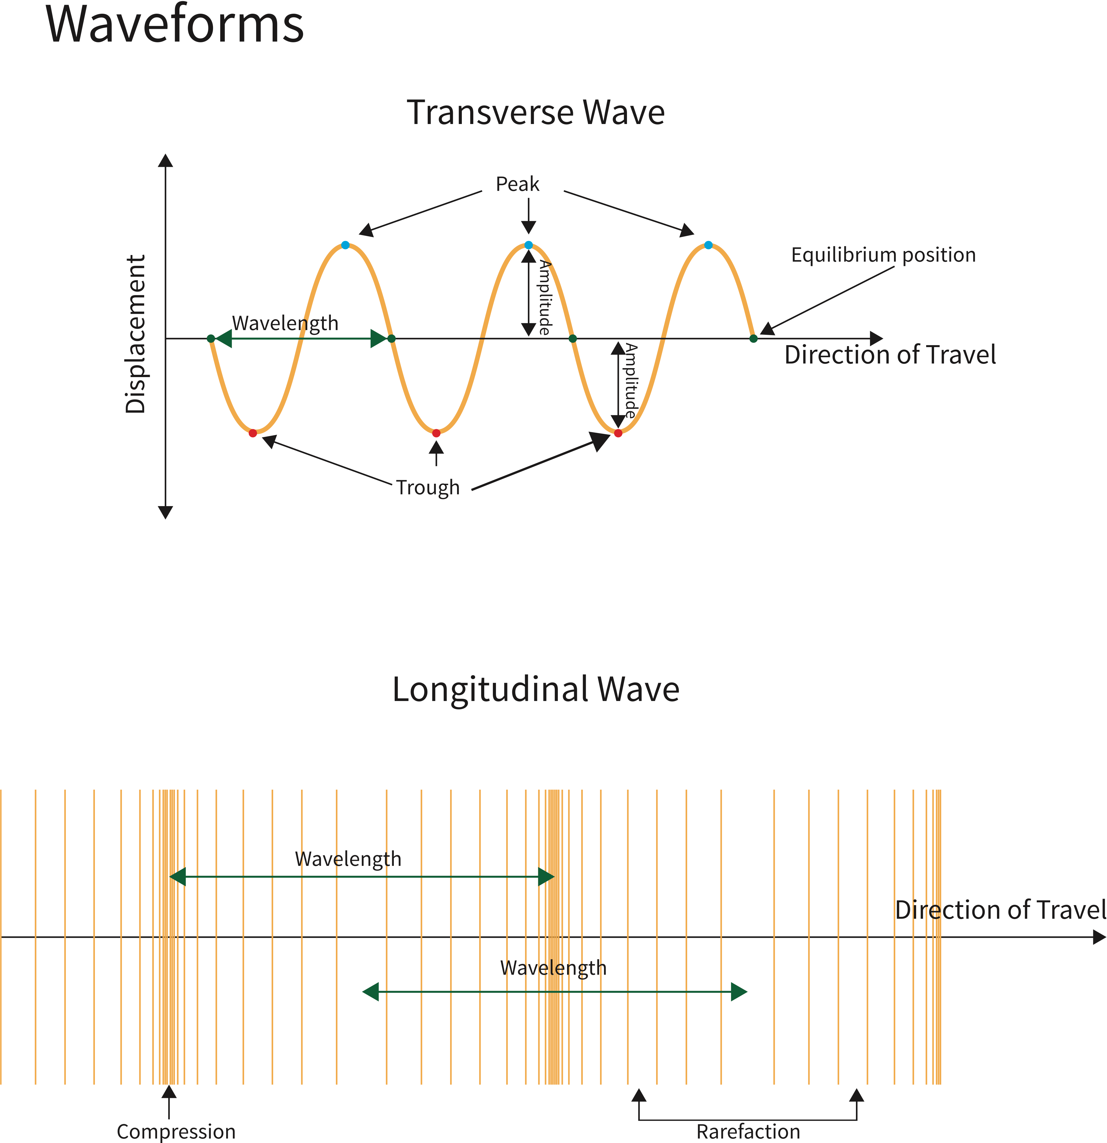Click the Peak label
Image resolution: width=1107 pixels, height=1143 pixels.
517,184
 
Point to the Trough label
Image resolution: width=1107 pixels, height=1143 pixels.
428,488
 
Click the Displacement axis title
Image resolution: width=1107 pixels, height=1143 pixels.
135,334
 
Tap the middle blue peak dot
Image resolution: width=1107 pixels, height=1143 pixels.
528,245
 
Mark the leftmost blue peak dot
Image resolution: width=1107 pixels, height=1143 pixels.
346,245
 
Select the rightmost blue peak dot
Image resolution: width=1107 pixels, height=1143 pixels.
708,245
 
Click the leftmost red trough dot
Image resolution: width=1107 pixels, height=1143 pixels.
252,433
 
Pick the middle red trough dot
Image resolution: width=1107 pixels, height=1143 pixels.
436,433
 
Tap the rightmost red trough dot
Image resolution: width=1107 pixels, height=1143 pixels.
618,433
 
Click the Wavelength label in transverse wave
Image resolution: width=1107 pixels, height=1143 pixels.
285,323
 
